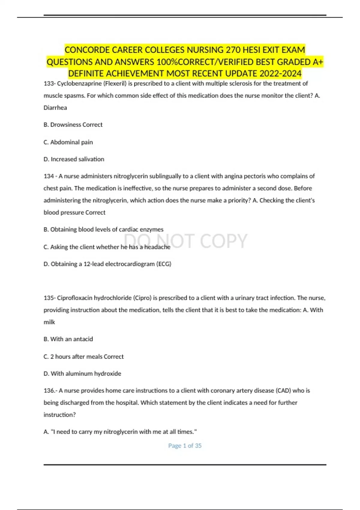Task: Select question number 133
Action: click(49, 84)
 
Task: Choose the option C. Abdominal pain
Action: click(68, 142)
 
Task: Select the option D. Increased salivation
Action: click(74, 159)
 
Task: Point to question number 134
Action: click(49, 176)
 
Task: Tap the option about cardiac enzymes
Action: click(103, 229)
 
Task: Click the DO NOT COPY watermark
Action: click(186, 241)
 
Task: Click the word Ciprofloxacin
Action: click(75, 298)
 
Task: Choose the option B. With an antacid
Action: click(68, 339)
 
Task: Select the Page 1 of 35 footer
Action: click(185, 446)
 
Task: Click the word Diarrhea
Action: click(55, 108)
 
